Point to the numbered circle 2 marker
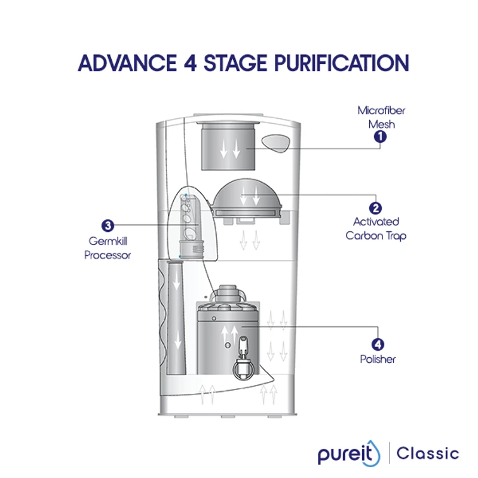376,209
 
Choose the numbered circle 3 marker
108,225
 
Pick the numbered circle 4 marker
377,345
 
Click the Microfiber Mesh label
377,117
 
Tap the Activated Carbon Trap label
376,229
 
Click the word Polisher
378,360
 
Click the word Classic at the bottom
427,453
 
